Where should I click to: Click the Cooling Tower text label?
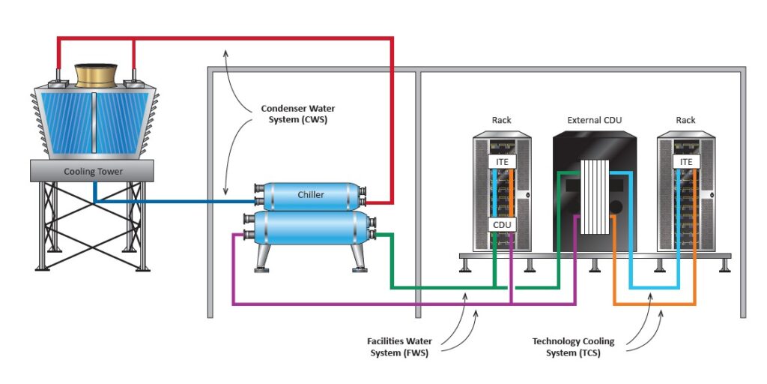tap(93, 172)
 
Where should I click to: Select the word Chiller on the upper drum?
tap(311, 195)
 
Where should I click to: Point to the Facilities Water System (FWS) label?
tap(399, 347)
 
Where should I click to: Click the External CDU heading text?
tap(595, 120)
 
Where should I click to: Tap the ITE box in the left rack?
tap(501, 161)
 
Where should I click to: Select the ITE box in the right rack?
tap(685, 161)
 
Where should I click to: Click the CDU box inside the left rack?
tap(501, 223)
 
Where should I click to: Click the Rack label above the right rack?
tap(685, 120)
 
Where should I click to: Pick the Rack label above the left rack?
tap(501, 120)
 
